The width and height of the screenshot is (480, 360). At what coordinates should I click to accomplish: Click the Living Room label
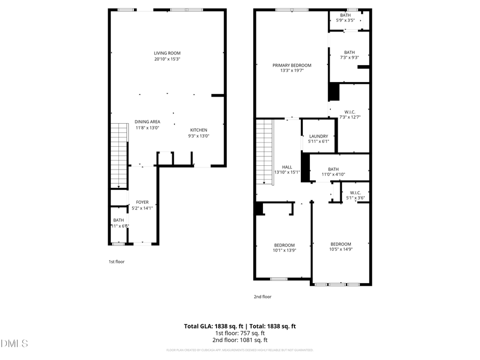tap(167, 53)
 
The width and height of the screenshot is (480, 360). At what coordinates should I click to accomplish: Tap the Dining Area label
tap(147, 122)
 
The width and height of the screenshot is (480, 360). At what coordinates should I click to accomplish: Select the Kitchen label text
tap(199, 130)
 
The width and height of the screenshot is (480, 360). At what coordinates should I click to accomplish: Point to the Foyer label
tap(142, 202)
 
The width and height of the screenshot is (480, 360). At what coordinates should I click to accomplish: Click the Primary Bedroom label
tap(292, 66)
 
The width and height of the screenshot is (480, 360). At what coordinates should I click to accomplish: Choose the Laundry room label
tap(318, 136)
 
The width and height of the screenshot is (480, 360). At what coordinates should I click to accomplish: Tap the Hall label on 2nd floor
tap(287, 167)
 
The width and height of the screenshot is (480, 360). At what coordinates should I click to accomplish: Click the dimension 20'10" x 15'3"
tap(167, 59)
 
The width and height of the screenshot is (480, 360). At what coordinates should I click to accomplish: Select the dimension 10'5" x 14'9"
tap(340, 249)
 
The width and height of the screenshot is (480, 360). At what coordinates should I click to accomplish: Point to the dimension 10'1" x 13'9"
tap(284, 250)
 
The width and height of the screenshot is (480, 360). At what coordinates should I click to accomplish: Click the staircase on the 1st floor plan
tap(119, 155)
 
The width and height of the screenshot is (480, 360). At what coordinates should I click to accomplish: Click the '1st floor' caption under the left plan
tap(116, 262)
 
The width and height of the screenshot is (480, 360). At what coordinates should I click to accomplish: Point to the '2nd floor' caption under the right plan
tap(262, 297)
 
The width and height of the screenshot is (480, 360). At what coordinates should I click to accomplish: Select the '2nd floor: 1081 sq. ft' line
tap(240, 340)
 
